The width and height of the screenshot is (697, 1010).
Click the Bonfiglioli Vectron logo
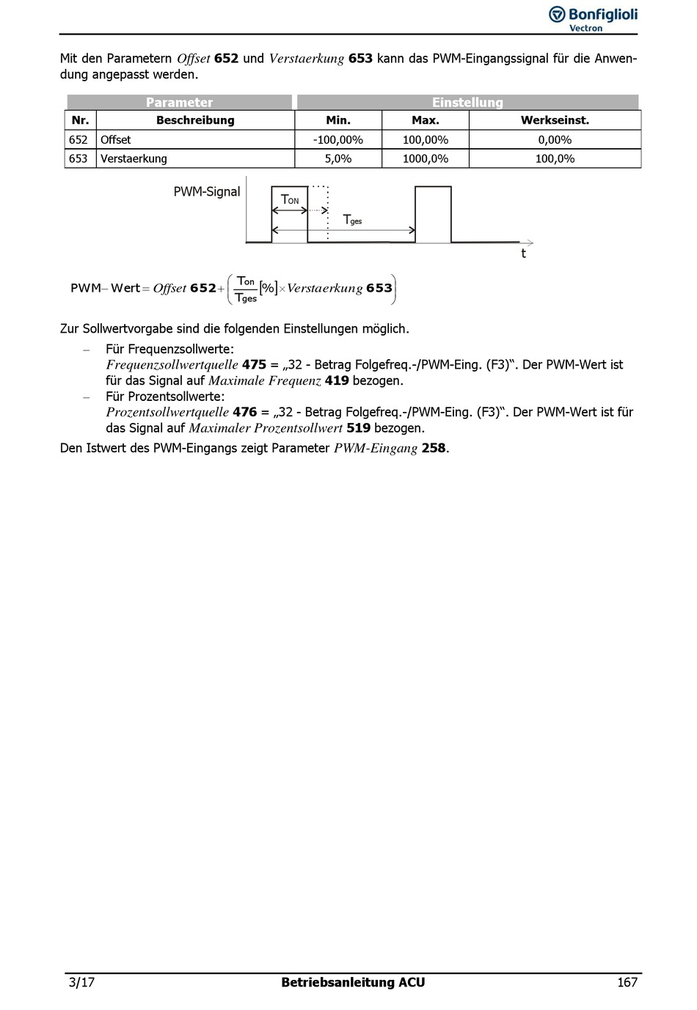tap(593, 18)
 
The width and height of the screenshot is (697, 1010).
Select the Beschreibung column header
tap(195, 120)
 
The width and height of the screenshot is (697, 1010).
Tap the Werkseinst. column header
tap(555, 120)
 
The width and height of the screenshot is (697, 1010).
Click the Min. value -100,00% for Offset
tap(337, 140)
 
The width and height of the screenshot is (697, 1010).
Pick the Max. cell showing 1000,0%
tap(425, 159)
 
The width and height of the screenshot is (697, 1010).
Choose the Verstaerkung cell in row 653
tap(134, 159)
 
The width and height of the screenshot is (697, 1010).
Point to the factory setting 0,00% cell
tap(555, 140)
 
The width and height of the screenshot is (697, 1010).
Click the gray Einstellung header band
tap(467, 103)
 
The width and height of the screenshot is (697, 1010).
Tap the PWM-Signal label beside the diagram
tap(206, 192)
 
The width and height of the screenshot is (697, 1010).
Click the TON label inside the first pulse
tap(290, 199)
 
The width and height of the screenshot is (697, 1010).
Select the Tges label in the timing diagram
tap(352, 220)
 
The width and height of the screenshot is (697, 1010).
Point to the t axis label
tap(523, 254)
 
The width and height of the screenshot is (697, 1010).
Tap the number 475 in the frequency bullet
tap(254, 365)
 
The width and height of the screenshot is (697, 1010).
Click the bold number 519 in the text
tap(358, 428)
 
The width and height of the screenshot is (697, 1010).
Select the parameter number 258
tap(433, 448)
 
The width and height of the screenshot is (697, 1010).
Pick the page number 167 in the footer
tap(627, 983)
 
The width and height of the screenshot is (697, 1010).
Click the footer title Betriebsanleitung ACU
tap(353, 983)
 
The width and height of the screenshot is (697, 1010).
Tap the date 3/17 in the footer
tap(81, 983)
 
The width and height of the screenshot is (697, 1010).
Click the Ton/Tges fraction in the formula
tap(246, 290)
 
